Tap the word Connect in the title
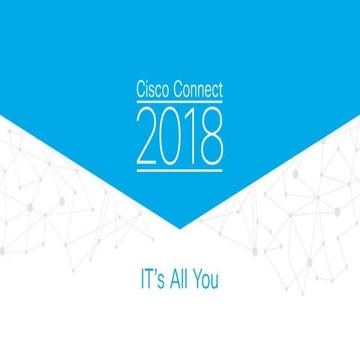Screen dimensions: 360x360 coord(196,90)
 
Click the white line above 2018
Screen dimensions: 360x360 coord(180,103)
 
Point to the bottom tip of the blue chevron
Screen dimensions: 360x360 coord(180,229)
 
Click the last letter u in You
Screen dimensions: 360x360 coord(215,281)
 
